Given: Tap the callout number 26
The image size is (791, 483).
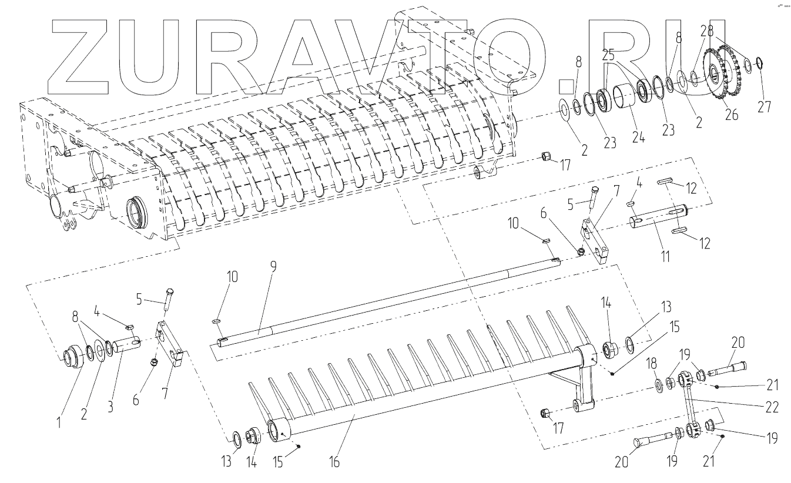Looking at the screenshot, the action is click(732, 115).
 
